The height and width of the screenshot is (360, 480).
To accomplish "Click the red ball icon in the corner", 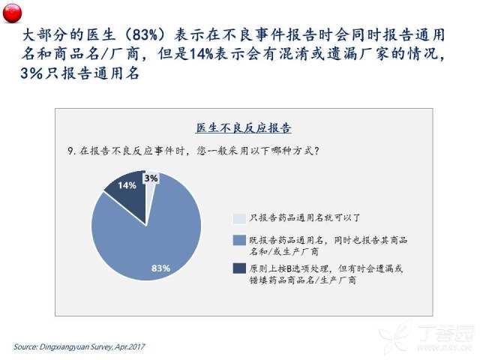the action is (x=12, y=13).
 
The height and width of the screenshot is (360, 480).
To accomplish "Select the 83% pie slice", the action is (x=153, y=238).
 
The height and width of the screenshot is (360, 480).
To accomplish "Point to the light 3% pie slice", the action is (x=150, y=190).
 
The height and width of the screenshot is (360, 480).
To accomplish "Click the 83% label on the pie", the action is (x=160, y=268).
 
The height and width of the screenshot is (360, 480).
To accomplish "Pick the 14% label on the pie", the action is (x=127, y=185).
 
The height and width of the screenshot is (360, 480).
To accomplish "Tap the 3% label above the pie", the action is (x=151, y=178).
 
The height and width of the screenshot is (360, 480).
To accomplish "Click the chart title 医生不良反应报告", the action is (x=243, y=127).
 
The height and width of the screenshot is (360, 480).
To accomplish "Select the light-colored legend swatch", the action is (x=239, y=218).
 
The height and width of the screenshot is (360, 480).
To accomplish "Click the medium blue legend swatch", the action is (x=239, y=240).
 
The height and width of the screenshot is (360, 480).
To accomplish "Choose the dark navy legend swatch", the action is (x=239, y=268).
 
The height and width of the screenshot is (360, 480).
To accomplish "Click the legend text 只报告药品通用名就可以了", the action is (x=304, y=218).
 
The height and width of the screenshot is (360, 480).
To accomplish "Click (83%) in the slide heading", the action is (x=145, y=35).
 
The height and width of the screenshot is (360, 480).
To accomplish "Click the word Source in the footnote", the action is (x=25, y=346).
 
